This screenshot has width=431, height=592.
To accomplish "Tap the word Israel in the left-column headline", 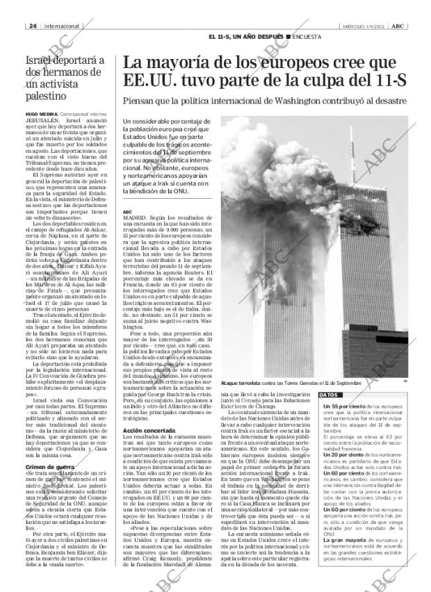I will tap(38, 61).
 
